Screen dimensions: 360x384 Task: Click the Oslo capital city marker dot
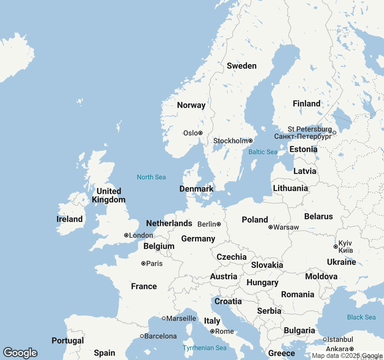pyautogui.click(x=200, y=133)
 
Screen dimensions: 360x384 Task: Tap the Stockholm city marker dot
pyautogui.click(x=250, y=141)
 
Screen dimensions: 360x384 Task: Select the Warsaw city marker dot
pyautogui.click(x=271, y=227)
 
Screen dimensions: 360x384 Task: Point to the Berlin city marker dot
pyautogui.click(x=219, y=224)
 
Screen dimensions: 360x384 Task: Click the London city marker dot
pyautogui.click(x=126, y=235)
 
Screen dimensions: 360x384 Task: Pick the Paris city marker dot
pyautogui.click(x=143, y=263)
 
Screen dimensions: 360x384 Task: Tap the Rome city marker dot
pyautogui.click(x=212, y=331)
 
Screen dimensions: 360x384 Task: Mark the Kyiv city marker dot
pyautogui.click(x=336, y=247)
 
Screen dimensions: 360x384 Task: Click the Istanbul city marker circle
pyautogui.click(x=325, y=339)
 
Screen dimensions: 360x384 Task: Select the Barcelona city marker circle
pyautogui.click(x=142, y=336)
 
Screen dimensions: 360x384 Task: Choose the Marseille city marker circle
pyautogui.click(x=164, y=318)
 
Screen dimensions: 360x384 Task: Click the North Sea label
pyautogui.click(x=151, y=177)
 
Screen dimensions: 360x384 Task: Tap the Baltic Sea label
pyautogui.click(x=263, y=152)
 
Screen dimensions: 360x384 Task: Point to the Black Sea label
pyautogui.click(x=361, y=317)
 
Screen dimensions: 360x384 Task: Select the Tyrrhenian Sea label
pyautogui.click(x=205, y=348)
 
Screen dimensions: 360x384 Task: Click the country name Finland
pyautogui.click(x=307, y=103)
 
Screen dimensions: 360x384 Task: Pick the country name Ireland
pyautogui.click(x=70, y=219)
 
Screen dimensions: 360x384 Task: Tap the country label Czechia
pyautogui.click(x=232, y=257)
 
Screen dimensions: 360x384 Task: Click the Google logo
pyautogui.click(x=20, y=353)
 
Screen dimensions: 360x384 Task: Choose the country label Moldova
pyautogui.click(x=321, y=276)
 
